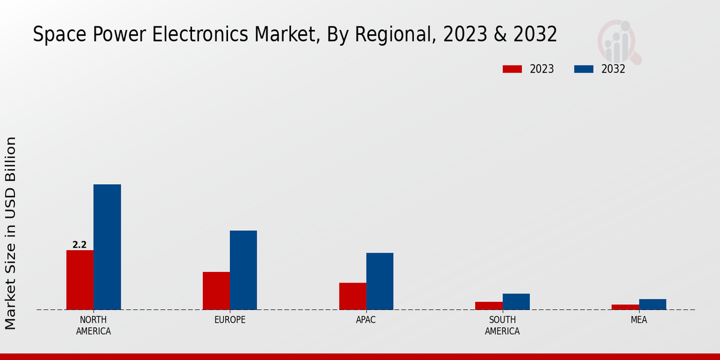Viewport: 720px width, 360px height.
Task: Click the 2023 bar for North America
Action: coord(80,280)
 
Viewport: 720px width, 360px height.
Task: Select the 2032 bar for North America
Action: coord(107,247)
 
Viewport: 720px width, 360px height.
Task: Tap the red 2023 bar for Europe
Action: coord(216,290)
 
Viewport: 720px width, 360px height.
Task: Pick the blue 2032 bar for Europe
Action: coord(243,270)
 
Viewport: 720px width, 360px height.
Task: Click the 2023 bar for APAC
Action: coord(352,296)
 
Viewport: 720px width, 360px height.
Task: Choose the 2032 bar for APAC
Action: coord(380,281)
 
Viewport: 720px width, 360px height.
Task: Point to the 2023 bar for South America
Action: coord(488,305)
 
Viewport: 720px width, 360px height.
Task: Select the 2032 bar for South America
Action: coord(516,301)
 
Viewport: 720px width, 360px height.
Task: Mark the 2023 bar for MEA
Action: coord(625,307)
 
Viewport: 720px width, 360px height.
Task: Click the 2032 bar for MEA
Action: coord(652,304)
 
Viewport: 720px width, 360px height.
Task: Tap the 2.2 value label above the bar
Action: coord(79,245)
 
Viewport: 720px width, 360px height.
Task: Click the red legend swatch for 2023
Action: coord(512,69)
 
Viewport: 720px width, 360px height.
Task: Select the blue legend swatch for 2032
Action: coord(583,69)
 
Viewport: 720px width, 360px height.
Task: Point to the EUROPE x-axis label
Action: coord(230,320)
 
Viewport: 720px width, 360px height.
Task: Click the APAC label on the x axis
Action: coord(366,320)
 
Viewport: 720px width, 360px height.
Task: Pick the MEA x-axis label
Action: coord(638,320)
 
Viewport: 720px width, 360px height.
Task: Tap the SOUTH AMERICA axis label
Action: coord(502,325)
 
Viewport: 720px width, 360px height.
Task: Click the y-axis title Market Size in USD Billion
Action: coord(11,233)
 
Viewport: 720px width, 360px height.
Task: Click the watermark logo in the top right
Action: coord(619,42)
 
